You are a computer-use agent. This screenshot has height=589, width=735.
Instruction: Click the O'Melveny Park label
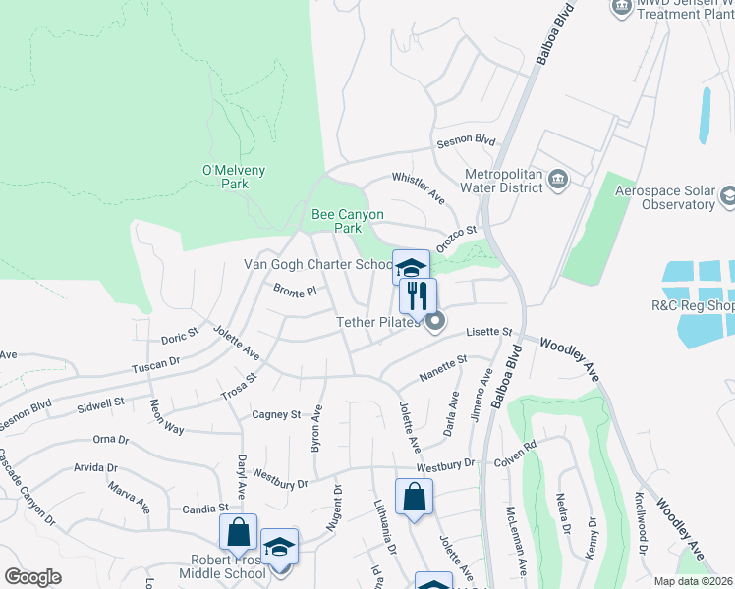tap(234, 177)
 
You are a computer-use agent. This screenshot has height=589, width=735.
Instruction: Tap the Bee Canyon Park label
tap(347, 221)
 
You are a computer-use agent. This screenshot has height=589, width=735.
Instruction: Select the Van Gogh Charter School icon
tap(411, 265)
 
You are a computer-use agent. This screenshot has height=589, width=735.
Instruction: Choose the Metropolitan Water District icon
tap(558, 179)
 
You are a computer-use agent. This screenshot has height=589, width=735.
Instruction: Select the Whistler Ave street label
tap(419, 187)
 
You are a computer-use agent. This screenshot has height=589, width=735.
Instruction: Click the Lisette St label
tap(490, 333)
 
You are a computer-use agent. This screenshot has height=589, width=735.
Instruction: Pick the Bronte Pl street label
tap(294, 292)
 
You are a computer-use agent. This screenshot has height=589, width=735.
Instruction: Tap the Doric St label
tap(180, 337)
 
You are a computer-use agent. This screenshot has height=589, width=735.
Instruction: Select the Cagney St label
tap(275, 415)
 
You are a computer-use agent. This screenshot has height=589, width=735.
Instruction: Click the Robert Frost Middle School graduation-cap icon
tap(279, 546)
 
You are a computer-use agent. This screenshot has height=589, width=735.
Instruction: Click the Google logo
tap(32, 577)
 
